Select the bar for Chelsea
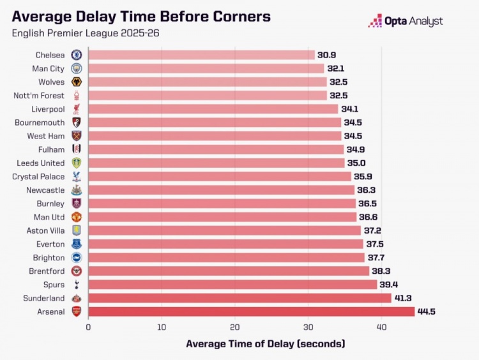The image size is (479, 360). [x=201, y=55]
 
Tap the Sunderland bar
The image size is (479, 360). [x=240, y=298]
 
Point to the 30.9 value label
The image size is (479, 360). [x=328, y=55]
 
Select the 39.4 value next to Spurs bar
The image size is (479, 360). [x=390, y=285]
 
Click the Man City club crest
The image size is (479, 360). [x=77, y=68]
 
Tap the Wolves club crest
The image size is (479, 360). [x=77, y=82]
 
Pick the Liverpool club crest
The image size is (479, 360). [x=77, y=109]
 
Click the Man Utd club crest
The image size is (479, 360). [x=77, y=217]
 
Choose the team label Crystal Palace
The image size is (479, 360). [x=38, y=176]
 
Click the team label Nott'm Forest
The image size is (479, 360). [x=39, y=96]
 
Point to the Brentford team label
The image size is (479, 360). [x=46, y=271]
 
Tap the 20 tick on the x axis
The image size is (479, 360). [x=235, y=327]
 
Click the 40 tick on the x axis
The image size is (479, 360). [x=381, y=327]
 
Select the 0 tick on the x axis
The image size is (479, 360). [x=88, y=327]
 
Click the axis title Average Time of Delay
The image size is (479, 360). [x=265, y=344]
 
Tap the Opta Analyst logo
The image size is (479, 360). [x=406, y=21]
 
